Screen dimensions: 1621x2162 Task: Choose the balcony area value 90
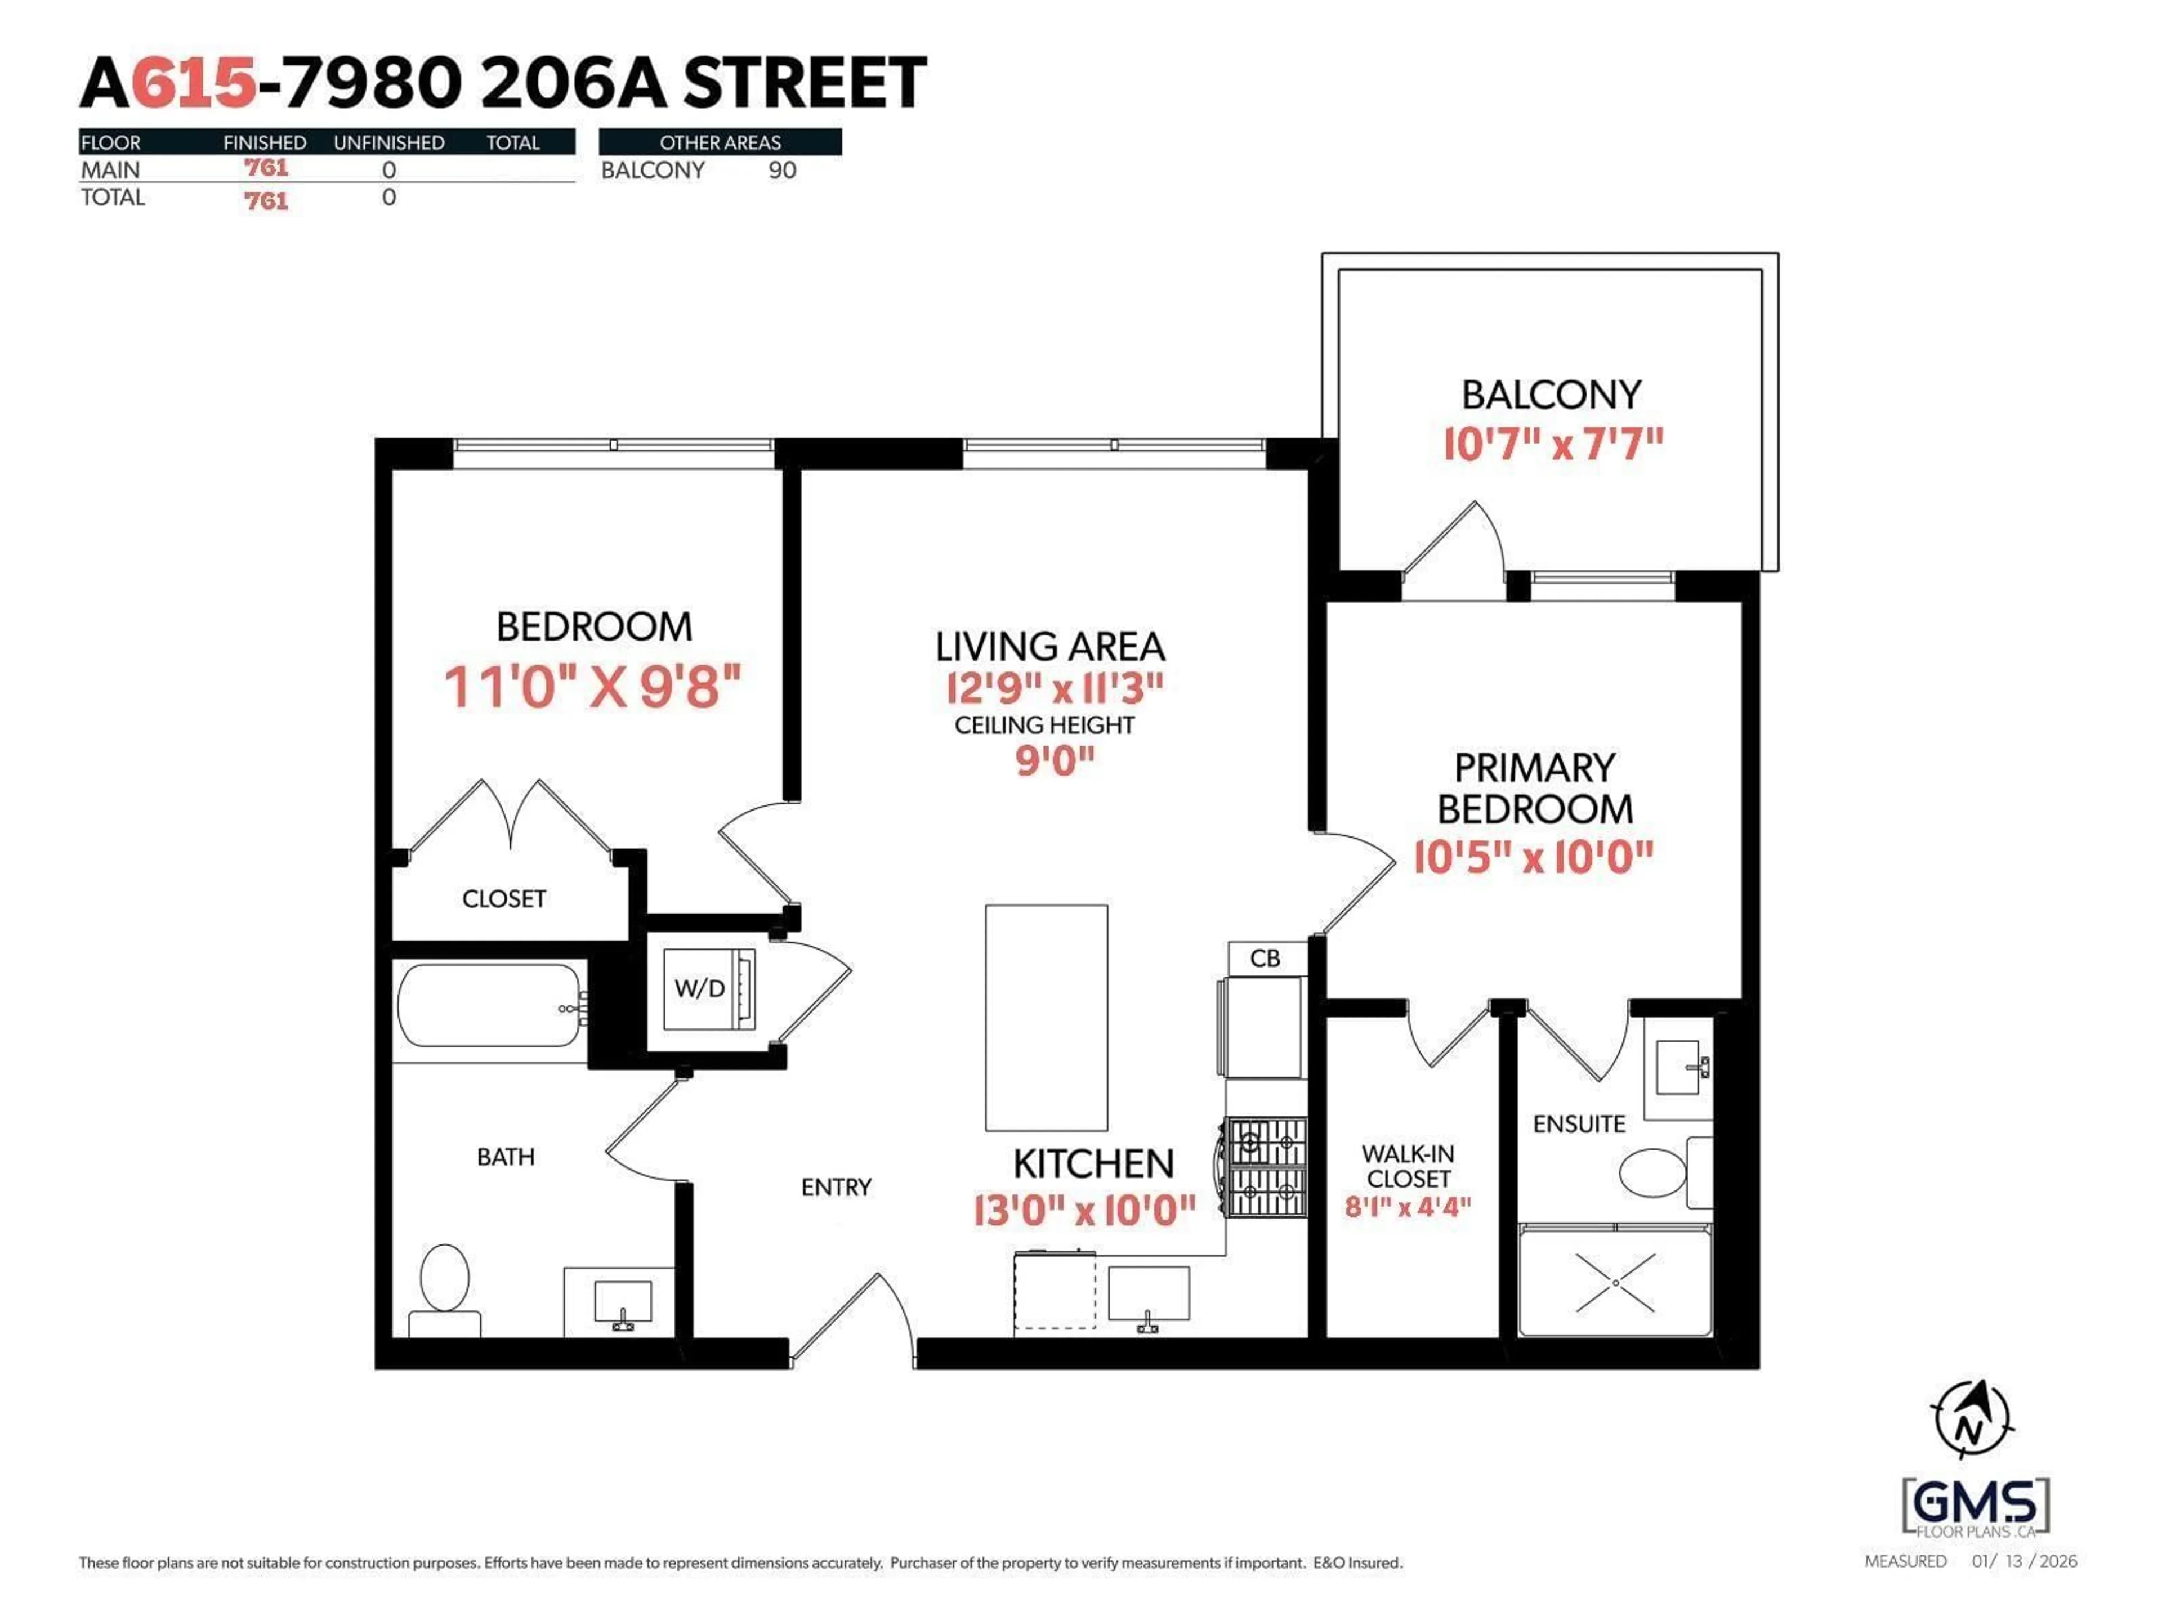pyautogui.click(x=782, y=170)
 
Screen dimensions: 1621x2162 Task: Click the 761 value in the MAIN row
pyautogui.click(x=266, y=168)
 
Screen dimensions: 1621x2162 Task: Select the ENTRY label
pyautogui.click(x=836, y=1187)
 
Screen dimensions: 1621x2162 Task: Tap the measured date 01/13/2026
pyautogui.click(x=2024, y=1560)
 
